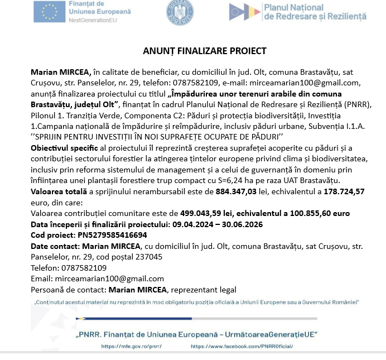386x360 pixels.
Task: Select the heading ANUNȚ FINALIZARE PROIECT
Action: click(205, 51)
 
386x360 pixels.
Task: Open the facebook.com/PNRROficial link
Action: click(242, 347)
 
